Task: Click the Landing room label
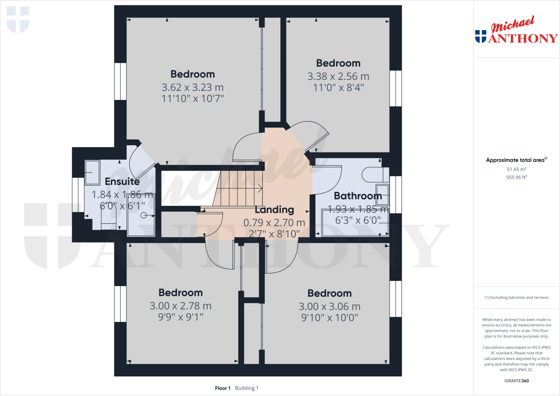pos(274,210)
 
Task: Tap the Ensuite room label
pos(122,181)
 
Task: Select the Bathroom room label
pos(358,196)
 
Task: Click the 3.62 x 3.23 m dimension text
pos(192,87)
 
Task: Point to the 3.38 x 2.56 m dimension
pos(338,76)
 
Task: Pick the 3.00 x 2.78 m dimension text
pos(180,306)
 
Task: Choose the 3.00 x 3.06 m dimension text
pos(329,306)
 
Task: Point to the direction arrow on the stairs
pos(259,188)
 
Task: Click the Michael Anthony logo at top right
pos(516,30)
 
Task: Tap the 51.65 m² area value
pos(516,169)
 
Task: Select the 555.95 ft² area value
pos(516,177)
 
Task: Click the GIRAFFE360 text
pos(516,381)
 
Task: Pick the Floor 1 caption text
pos(223,388)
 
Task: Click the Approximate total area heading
pos(516,160)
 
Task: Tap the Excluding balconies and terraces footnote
pos(516,297)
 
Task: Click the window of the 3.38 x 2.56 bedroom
pos(395,88)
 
